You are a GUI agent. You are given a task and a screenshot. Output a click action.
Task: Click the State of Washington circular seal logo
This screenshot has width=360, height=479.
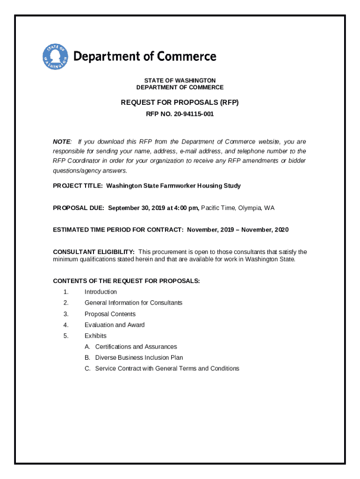[56, 57]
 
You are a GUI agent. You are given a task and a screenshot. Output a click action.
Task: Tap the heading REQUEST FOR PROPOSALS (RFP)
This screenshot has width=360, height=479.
[180, 102]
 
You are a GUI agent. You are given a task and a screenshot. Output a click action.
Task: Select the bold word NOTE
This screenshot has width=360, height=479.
[62, 142]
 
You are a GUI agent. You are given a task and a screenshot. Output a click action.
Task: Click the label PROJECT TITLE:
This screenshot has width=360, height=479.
[78, 186]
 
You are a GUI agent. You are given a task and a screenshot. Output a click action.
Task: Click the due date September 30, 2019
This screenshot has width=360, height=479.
[135, 208]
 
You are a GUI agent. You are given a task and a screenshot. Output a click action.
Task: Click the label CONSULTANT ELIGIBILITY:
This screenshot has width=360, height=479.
[94, 252]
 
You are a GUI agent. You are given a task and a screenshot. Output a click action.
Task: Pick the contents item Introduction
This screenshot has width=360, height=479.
[101, 292]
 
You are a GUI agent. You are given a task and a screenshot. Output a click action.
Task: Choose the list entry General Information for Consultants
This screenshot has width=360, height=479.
[133, 303]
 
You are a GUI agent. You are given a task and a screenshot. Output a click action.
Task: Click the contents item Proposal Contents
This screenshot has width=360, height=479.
[110, 314]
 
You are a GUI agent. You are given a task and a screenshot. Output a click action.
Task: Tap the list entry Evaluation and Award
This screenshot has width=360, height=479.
[115, 325]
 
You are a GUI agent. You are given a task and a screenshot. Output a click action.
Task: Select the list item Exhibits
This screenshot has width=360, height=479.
[95, 335]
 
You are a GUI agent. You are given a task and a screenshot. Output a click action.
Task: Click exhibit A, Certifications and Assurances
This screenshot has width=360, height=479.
[136, 347]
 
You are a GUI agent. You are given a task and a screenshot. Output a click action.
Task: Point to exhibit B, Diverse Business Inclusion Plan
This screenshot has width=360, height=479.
[139, 357]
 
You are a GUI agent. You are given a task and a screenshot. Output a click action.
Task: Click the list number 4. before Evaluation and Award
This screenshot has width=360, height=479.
[66, 325]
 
